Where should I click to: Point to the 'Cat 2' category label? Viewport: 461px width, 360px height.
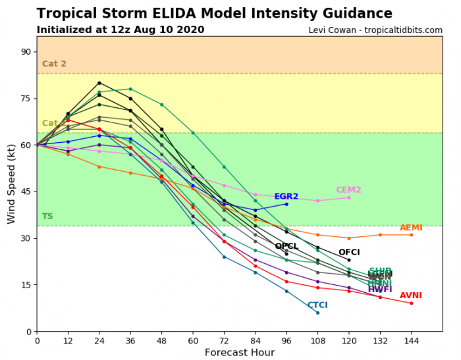(x=54, y=64)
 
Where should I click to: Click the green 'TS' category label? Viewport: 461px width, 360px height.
(x=47, y=217)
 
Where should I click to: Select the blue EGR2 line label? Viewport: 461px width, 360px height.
(x=286, y=196)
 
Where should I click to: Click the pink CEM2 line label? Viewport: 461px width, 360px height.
(x=348, y=190)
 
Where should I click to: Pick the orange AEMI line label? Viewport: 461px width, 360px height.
(x=411, y=228)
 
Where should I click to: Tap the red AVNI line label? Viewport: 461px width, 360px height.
(x=411, y=296)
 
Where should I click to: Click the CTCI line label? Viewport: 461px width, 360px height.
(x=317, y=305)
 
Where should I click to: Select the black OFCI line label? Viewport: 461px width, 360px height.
(x=349, y=252)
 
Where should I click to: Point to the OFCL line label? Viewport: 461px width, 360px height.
(x=286, y=246)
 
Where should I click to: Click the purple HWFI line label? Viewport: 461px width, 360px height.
(x=380, y=290)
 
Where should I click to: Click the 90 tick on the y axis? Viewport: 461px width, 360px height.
(x=26, y=52)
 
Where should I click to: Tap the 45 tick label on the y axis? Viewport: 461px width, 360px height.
(x=26, y=192)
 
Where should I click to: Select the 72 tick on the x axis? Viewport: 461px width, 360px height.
(x=224, y=341)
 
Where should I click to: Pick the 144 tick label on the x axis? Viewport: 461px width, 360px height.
(x=411, y=341)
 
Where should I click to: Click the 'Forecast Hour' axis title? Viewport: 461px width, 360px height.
(x=239, y=353)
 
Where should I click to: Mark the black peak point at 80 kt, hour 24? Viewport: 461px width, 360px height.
(x=99, y=83)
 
